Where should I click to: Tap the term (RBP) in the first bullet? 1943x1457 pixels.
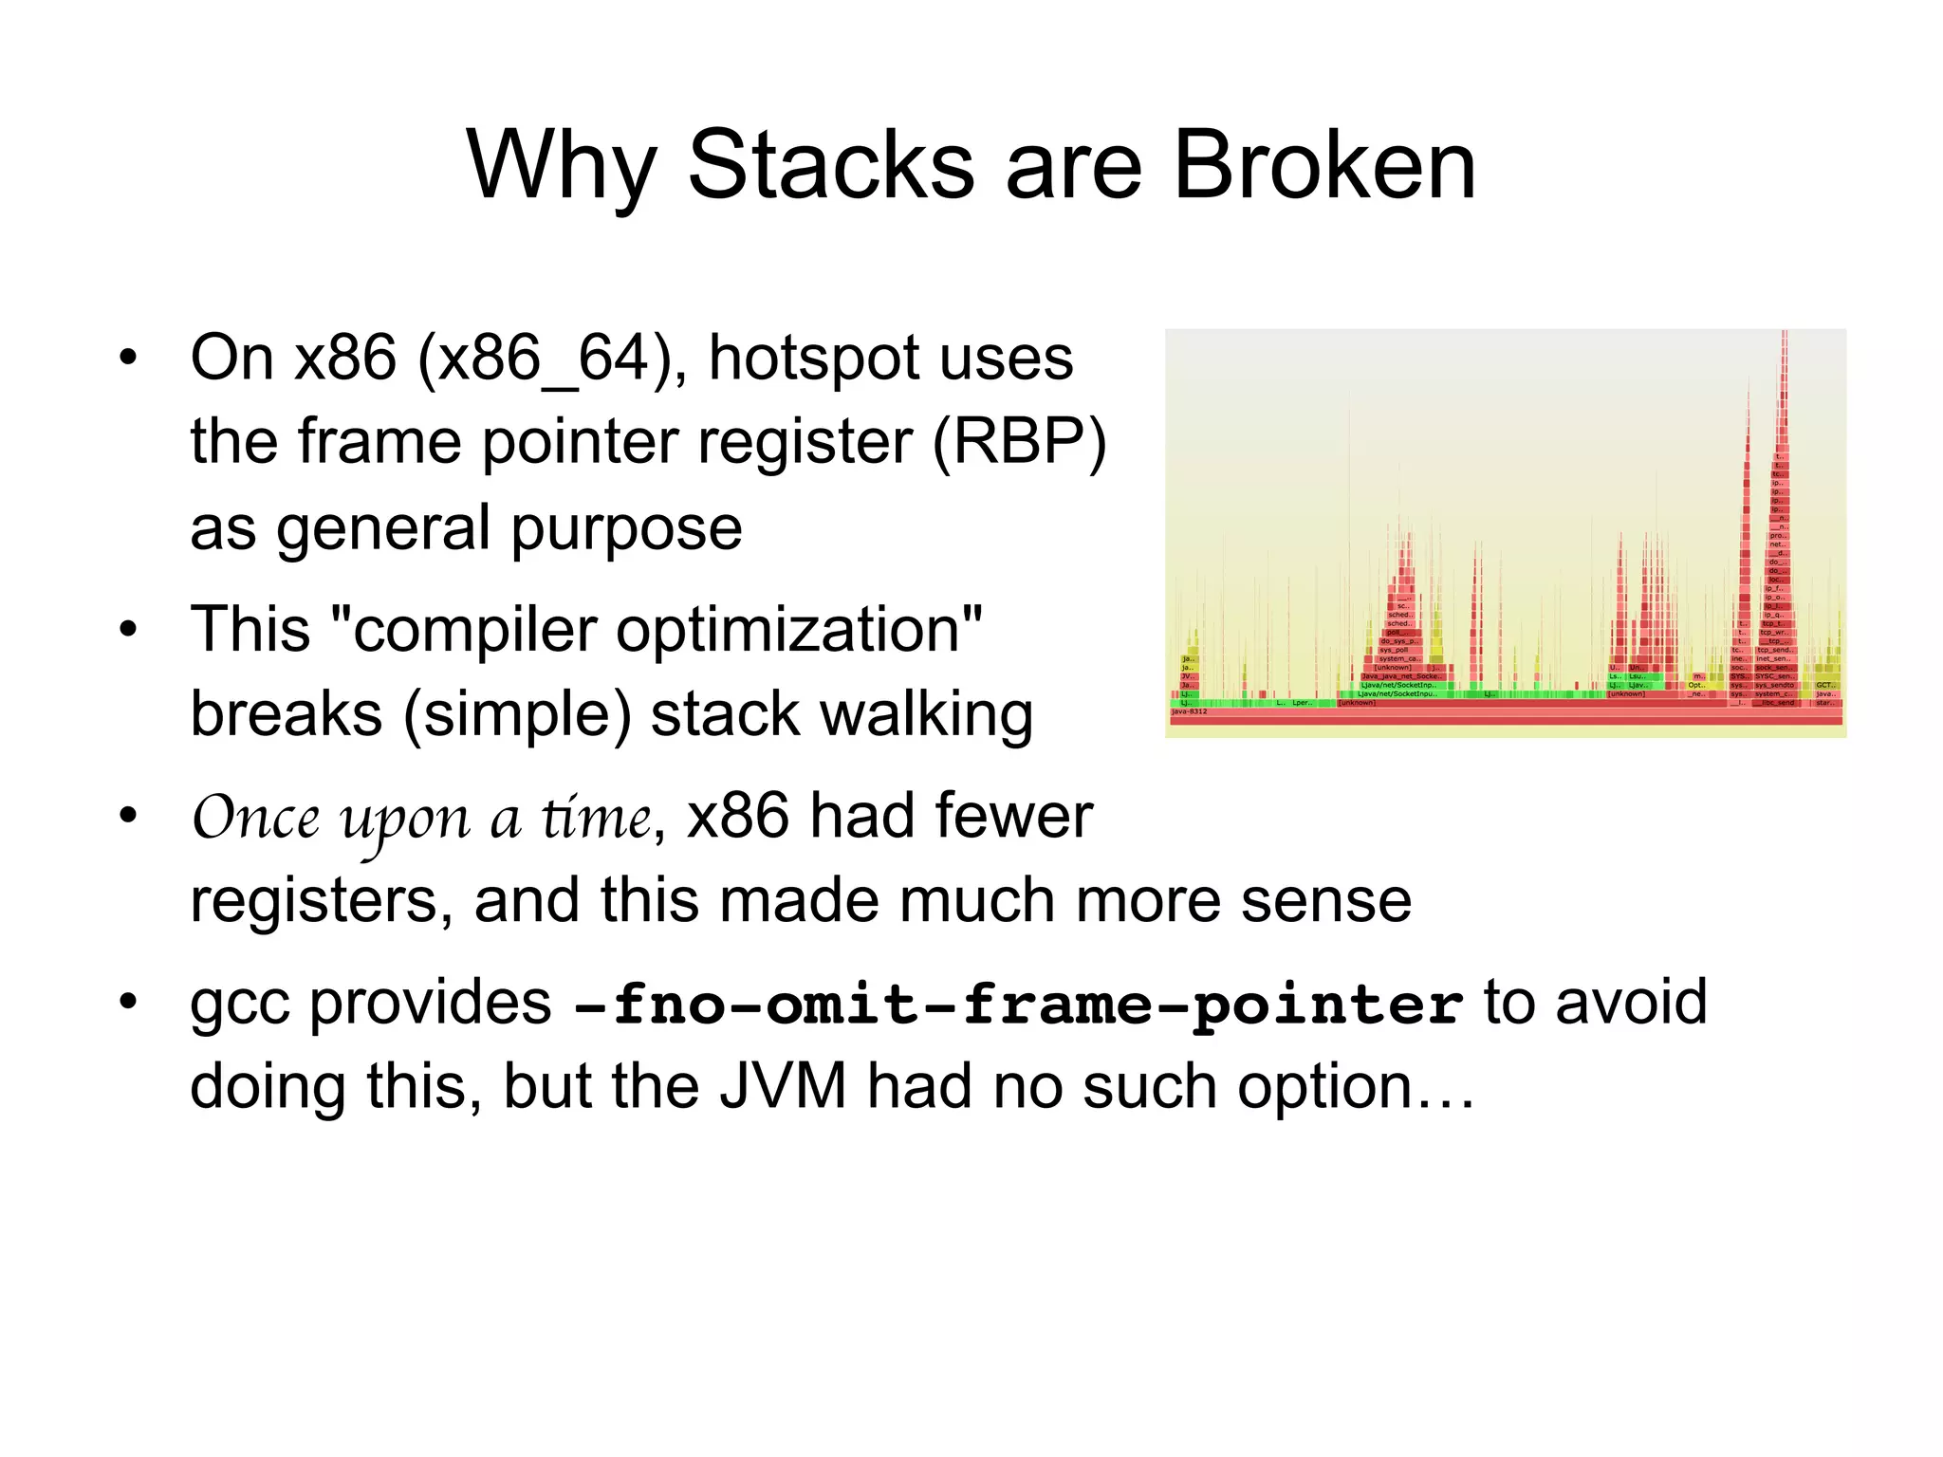click(x=1020, y=442)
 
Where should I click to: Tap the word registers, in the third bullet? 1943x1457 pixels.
click(x=321, y=901)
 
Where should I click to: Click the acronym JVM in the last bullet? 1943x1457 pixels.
click(x=783, y=1087)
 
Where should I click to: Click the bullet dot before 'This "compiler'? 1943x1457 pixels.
click(x=128, y=629)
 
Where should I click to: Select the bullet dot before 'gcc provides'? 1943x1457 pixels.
click(x=128, y=1002)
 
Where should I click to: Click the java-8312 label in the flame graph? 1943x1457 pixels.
click(x=1190, y=711)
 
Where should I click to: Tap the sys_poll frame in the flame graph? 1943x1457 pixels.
click(x=1394, y=650)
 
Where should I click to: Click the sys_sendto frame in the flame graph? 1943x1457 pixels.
click(x=1773, y=685)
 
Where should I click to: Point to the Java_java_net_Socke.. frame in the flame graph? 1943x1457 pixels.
click(x=1399, y=676)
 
